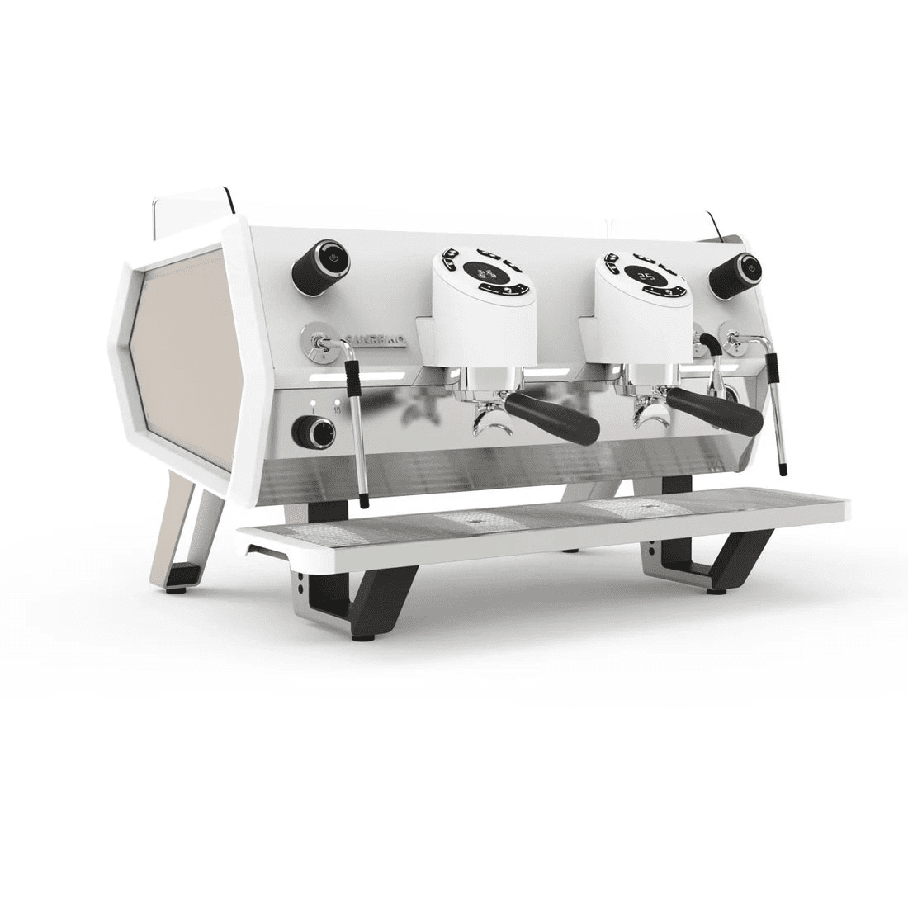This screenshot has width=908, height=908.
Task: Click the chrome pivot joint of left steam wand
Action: point(318,343)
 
